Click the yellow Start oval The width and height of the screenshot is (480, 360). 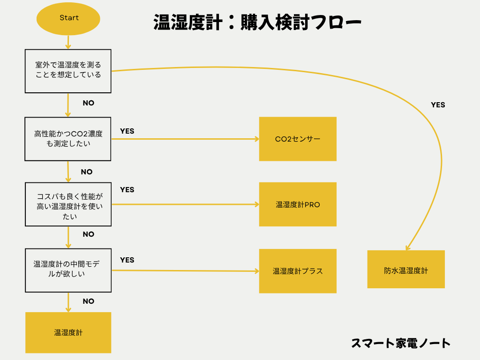[68, 19]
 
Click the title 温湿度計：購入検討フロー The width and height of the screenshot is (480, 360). [257, 22]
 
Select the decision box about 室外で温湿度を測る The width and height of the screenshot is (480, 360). [68, 70]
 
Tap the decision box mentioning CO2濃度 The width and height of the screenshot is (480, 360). [68, 139]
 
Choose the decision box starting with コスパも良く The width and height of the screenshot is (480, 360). [68, 204]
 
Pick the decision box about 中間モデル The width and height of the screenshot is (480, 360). [68, 270]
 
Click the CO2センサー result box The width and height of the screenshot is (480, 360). [298, 139]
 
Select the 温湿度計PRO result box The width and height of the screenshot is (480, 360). [298, 204]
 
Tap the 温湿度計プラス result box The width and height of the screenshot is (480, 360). [298, 271]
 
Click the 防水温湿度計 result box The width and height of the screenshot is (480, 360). [406, 270]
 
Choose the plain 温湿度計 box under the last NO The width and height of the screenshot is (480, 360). [68, 332]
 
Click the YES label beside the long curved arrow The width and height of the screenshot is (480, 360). [438, 105]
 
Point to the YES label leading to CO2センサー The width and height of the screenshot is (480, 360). [127, 131]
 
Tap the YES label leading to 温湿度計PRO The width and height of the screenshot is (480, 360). [127, 190]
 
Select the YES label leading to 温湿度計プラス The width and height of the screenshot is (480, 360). [127, 260]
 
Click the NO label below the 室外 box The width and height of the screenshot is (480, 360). [88, 103]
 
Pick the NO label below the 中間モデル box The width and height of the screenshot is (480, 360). [88, 301]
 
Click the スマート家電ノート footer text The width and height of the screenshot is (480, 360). [401, 343]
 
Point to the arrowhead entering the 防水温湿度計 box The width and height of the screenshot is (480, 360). [408, 247]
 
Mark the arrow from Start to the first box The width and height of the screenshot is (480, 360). [68, 42]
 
